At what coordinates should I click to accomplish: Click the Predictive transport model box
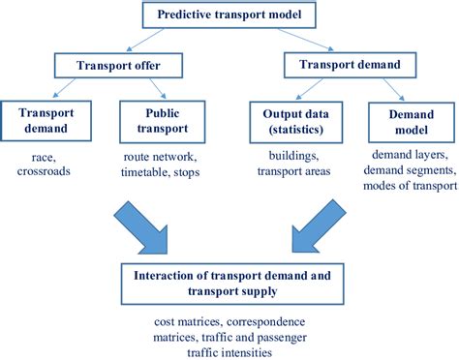tap(229, 15)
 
